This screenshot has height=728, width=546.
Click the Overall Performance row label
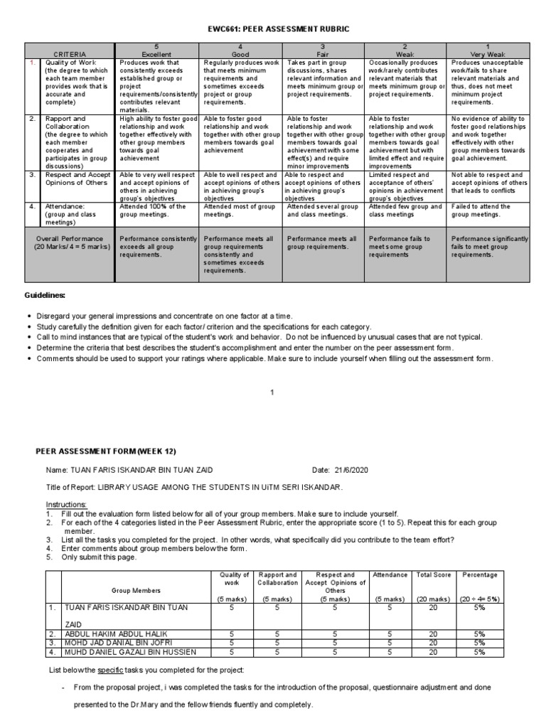tap(68, 242)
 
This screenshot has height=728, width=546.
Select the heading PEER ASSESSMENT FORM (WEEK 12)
tap(105, 451)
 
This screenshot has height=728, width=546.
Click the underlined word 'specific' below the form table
tap(127, 670)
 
